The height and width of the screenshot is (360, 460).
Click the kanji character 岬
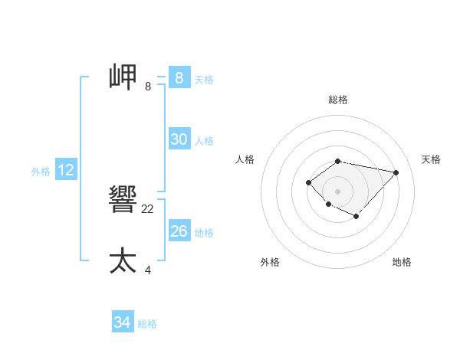click(x=123, y=77)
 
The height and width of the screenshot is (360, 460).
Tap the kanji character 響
click(x=123, y=201)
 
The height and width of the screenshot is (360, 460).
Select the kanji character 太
click(x=123, y=260)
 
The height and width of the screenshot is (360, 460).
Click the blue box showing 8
click(x=179, y=78)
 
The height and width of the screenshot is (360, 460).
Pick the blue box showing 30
click(x=179, y=139)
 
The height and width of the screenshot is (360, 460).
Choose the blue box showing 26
click(x=179, y=231)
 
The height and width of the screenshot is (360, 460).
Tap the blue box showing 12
click(x=66, y=170)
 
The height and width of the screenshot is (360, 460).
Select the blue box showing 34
click(x=122, y=322)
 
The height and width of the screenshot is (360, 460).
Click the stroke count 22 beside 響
click(x=148, y=209)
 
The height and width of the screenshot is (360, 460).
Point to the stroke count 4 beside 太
click(x=148, y=270)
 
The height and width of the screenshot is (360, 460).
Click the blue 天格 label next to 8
click(x=204, y=79)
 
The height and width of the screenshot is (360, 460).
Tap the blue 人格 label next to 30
click(x=204, y=140)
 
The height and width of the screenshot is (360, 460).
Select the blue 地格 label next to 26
click(x=204, y=232)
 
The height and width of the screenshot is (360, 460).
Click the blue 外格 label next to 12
click(x=41, y=172)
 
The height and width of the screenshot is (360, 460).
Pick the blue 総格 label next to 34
click(x=147, y=324)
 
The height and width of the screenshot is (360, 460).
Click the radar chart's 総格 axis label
click(x=337, y=100)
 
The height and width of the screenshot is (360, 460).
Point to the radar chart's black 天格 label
click(x=431, y=159)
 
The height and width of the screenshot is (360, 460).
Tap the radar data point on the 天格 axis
click(x=396, y=172)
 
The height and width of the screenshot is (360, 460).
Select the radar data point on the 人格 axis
click(x=308, y=182)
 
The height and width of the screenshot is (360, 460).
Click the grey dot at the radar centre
click(x=337, y=191)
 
